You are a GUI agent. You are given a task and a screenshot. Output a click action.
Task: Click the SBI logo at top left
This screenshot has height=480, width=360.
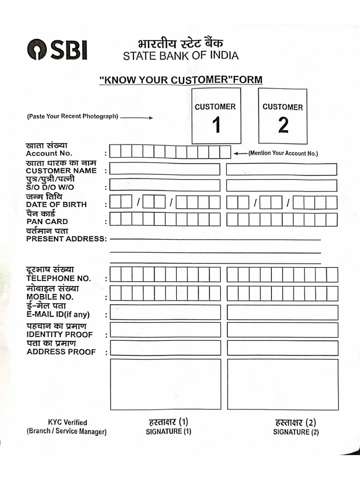pyautogui.click(x=57, y=50)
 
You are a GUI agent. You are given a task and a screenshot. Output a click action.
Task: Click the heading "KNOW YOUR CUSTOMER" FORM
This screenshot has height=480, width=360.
pyautogui.click(x=181, y=80)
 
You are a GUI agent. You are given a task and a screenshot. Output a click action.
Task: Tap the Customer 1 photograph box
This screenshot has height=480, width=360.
pyautogui.click(x=216, y=116)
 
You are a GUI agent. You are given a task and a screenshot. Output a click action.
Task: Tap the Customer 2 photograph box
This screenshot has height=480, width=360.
pyautogui.click(x=283, y=116)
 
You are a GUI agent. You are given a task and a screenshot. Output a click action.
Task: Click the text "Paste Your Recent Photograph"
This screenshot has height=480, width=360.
pyautogui.click(x=72, y=116)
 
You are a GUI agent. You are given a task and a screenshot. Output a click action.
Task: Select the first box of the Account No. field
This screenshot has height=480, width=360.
pyautogui.click(x=115, y=152)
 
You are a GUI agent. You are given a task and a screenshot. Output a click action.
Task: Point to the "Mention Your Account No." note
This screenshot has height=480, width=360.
pyautogui.click(x=283, y=153)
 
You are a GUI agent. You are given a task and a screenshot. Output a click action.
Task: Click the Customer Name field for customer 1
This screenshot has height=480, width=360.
pyautogui.click(x=165, y=169)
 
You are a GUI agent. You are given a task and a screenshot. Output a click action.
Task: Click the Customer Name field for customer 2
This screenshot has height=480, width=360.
pyautogui.click(x=281, y=169)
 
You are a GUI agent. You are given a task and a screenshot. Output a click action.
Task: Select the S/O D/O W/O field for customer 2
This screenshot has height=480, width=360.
pyautogui.click(x=281, y=186)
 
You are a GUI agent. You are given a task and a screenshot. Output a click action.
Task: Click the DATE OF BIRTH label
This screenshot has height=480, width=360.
pyautogui.click(x=56, y=204)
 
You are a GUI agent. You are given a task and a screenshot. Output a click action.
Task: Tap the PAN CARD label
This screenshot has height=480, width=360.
pyautogui.click(x=47, y=221)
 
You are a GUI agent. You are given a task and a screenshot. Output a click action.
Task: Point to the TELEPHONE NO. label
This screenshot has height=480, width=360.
pyautogui.click(x=59, y=278)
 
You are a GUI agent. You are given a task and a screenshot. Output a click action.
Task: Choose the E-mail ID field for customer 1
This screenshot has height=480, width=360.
pyautogui.click(x=165, y=313)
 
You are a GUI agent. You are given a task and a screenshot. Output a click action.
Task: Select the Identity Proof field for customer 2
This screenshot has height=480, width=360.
pyautogui.click(x=282, y=330)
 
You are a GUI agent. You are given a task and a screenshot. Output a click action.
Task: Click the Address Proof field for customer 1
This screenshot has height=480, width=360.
pyautogui.click(x=165, y=348)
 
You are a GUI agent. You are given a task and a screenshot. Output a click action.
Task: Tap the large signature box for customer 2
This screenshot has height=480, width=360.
pyautogui.click(x=282, y=384)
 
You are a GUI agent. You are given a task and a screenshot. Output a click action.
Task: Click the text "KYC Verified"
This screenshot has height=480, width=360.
pyautogui.click(x=67, y=422)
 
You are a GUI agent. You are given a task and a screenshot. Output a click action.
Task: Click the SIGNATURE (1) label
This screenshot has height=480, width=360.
pyautogui.click(x=168, y=431)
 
